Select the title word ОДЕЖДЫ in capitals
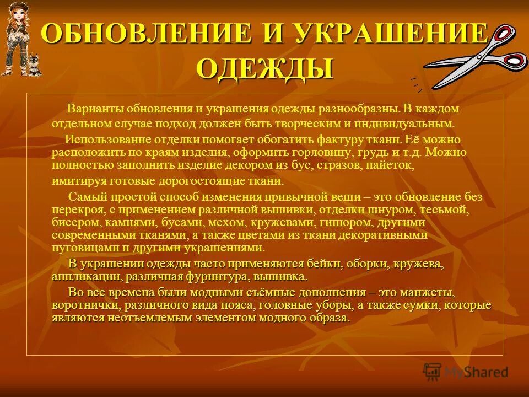[x=264, y=68]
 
